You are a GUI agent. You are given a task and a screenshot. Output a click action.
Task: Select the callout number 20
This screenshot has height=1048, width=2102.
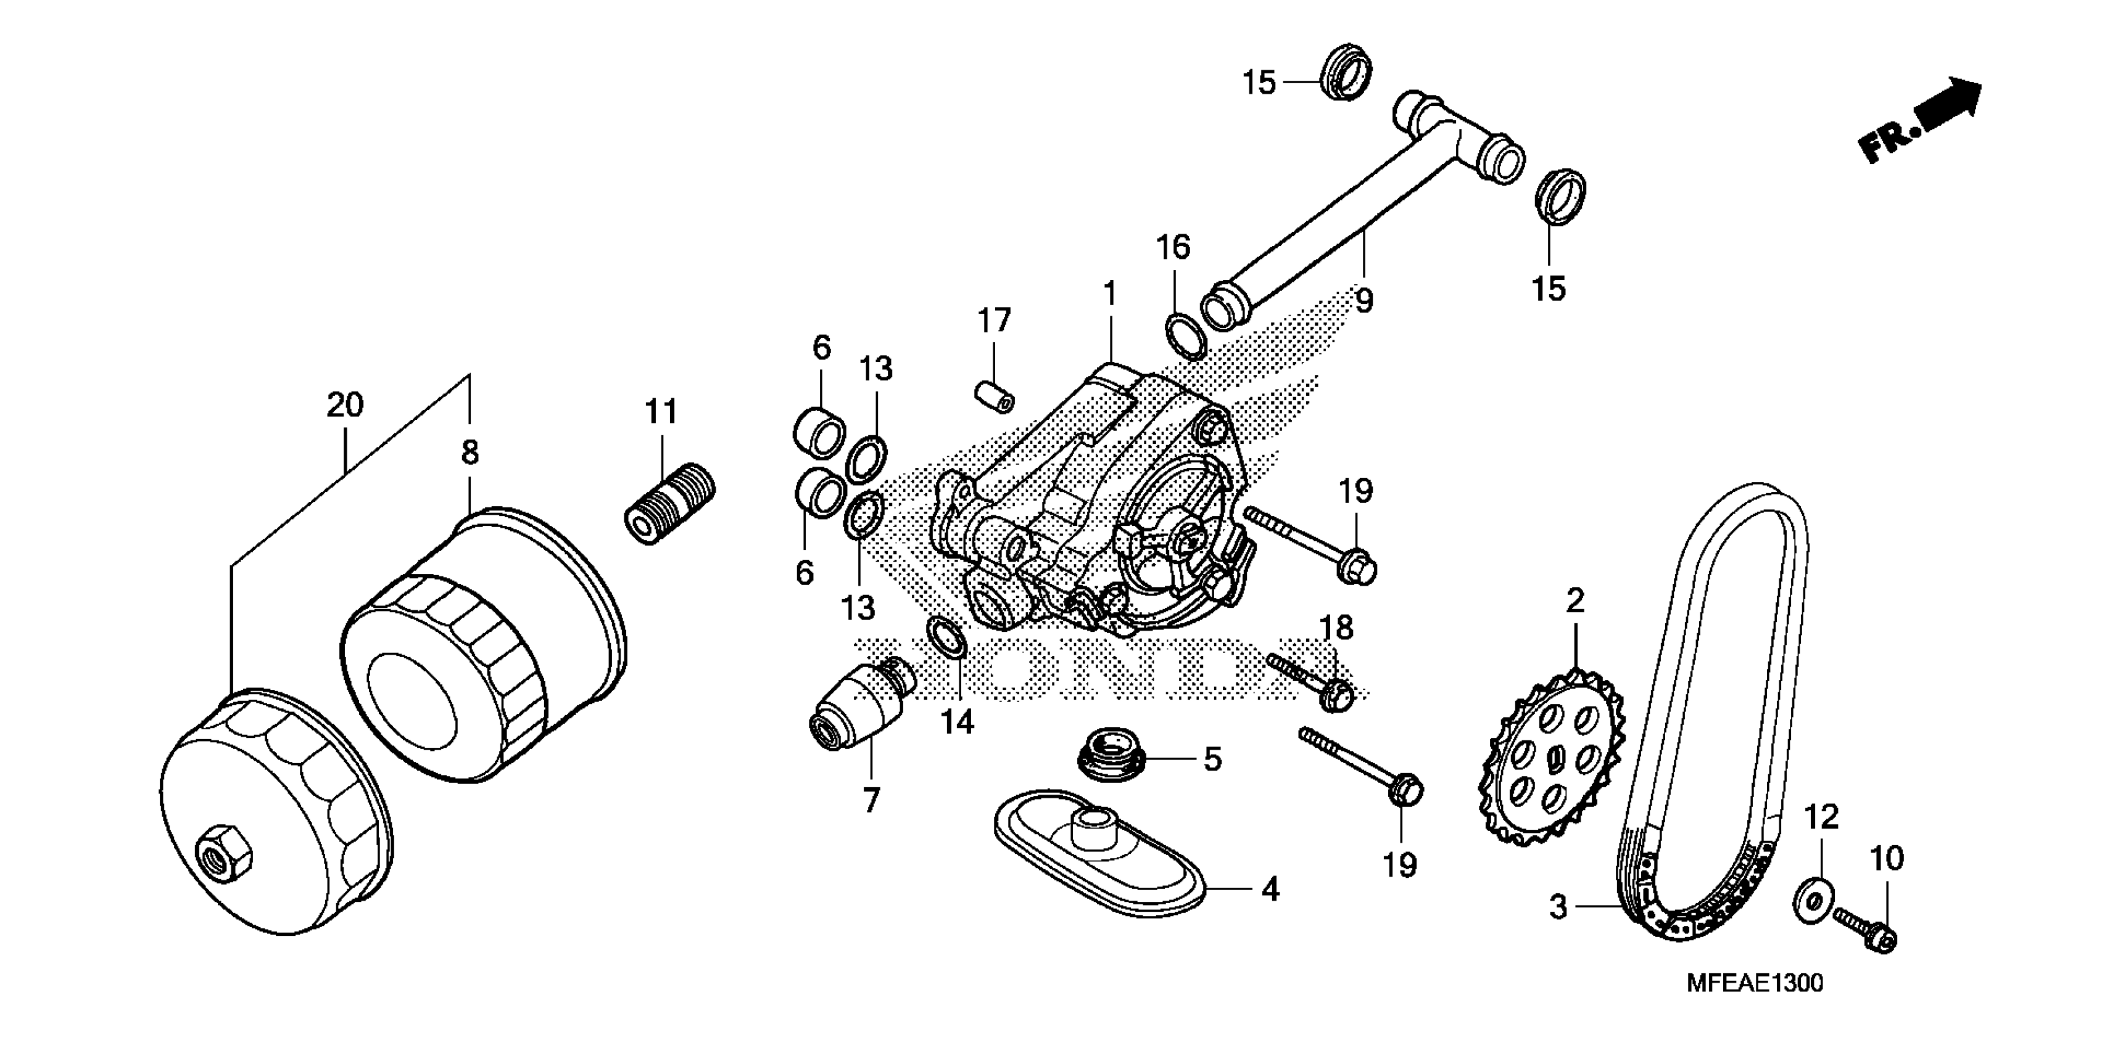click(344, 404)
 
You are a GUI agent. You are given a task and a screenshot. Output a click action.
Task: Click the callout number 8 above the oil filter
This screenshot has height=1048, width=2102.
click(470, 452)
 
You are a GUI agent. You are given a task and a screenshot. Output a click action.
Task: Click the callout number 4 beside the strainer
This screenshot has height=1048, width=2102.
click(1270, 890)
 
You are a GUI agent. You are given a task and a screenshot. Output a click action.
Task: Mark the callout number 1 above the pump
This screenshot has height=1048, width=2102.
click(1110, 293)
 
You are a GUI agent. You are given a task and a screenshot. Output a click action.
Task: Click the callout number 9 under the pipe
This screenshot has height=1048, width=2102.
click(1363, 301)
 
